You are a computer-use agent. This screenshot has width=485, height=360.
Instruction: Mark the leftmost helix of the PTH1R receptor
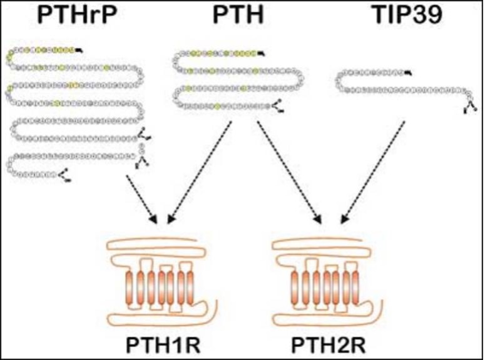click(131, 287)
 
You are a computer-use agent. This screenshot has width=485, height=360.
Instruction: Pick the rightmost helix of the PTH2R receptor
click(354, 287)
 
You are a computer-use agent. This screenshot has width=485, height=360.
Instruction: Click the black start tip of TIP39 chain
click(409, 74)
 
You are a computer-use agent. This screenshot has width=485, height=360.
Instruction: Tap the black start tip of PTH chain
click(261, 54)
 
